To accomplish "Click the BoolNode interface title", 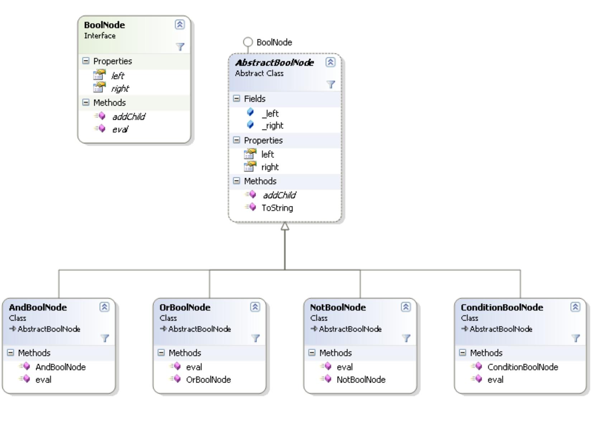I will pyautogui.click(x=104, y=25).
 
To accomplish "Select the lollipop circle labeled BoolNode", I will pyautogui.click(x=248, y=42).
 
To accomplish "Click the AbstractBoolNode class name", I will pyautogui.click(x=274, y=63).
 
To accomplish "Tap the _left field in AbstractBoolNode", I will pyautogui.click(x=270, y=114).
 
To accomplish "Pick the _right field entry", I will pyautogui.click(x=272, y=126).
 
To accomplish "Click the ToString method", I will pyautogui.click(x=277, y=208).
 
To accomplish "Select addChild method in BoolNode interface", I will pyautogui.click(x=128, y=116).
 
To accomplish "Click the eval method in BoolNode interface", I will pyautogui.click(x=120, y=129).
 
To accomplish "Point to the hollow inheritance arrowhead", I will pyautogui.click(x=285, y=226).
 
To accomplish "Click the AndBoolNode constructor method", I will pyautogui.click(x=60, y=367).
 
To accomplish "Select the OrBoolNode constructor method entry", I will pyautogui.click(x=208, y=379).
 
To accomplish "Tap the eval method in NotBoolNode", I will pyautogui.click(x=344, y=367).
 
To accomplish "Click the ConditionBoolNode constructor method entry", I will pyautogui.click(x=522, y=367).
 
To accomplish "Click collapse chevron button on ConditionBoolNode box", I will pyautogui.click(x=575, y=307).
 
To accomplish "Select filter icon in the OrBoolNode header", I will pyautogui.click(x=255, y=338).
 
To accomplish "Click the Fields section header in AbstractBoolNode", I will pyautogui.click(x=255, y=99).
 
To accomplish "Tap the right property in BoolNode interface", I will pyautogui.click(x=120, y=88).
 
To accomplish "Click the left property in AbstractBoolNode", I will pyautogui.click(x=268, y=154).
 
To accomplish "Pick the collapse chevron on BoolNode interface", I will pyautogui.click(x=180, y=24).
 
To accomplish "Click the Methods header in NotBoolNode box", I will pyautogui.click(x=335, y=353).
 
